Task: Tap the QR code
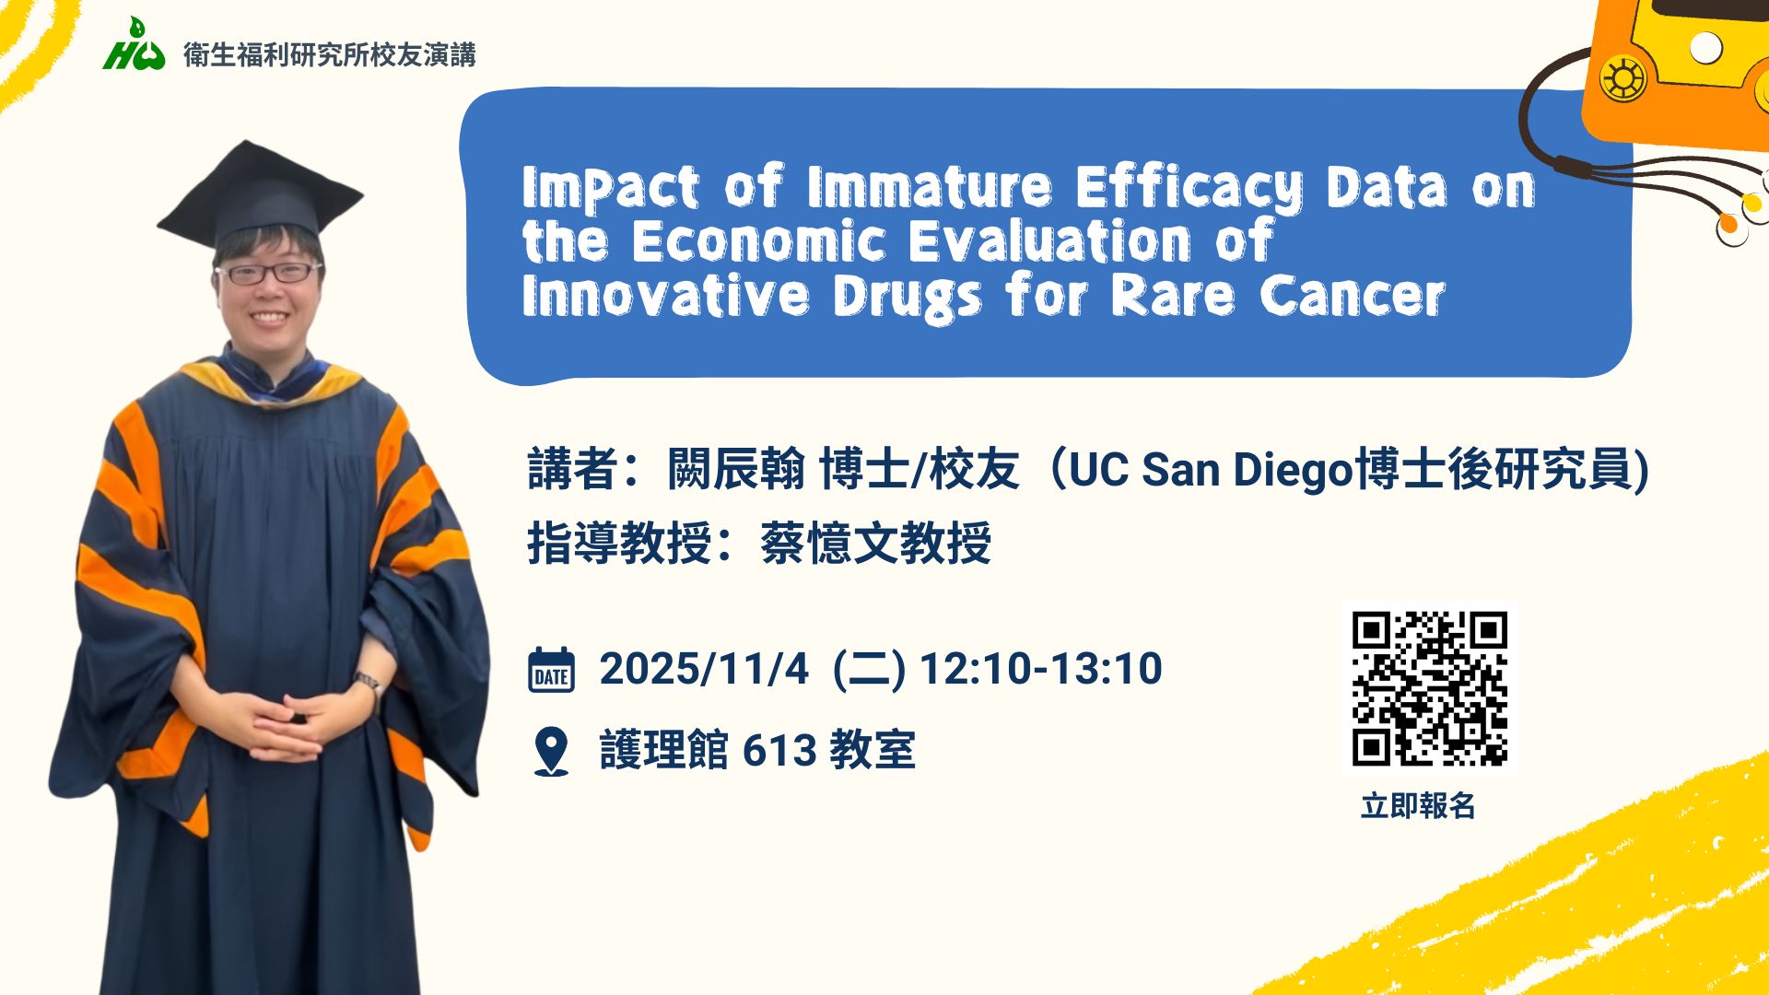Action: tap(1429, 688)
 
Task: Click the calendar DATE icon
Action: tap(551, 670)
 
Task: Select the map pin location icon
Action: tap(551, 752)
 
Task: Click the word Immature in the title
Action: tap(929, 187)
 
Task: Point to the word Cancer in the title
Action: tap(1352, 297)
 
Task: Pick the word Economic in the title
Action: tap(758, 241)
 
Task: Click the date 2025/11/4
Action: tap(704, 669)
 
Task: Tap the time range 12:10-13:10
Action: tap(1041, 669)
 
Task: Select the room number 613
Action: tap(779, 751)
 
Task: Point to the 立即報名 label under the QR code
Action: tap(1418, 806)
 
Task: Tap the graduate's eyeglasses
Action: tap(267, 273)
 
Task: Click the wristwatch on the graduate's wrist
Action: tap(369, 684)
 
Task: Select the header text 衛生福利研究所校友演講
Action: tap(330, 55)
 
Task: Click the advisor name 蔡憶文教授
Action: tap(875, 543)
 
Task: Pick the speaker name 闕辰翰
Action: tap(736, 470)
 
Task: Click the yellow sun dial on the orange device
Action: tap(1623, 77)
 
